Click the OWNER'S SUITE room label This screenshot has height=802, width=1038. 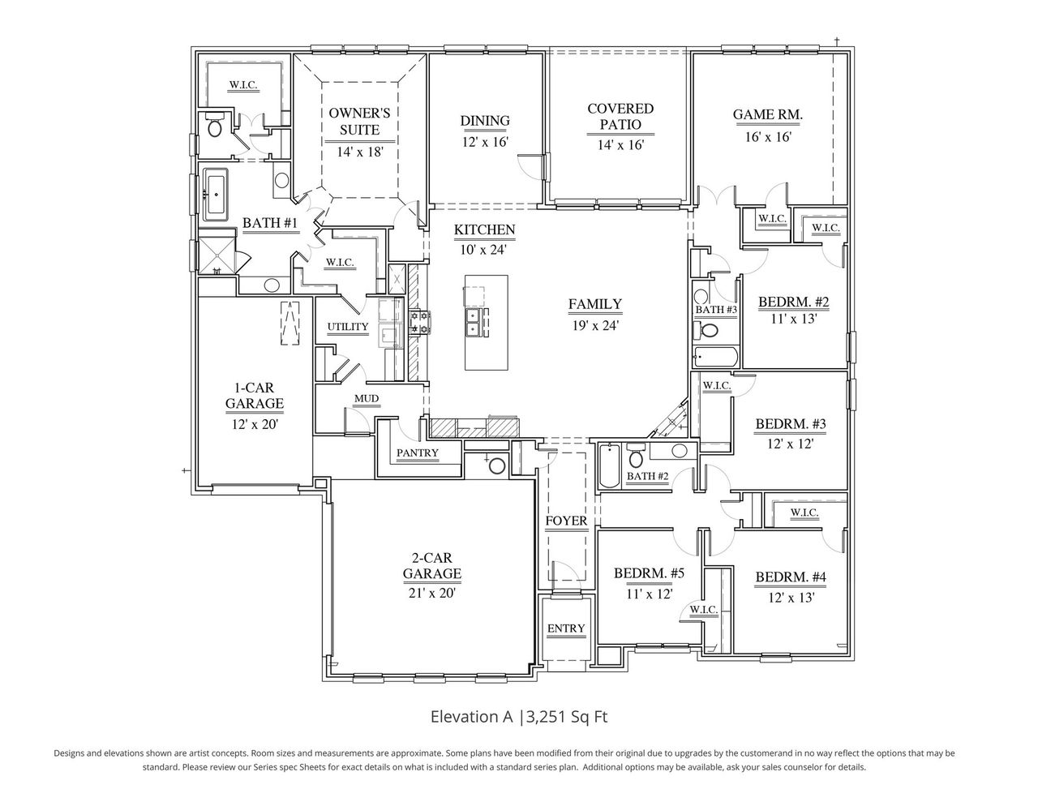(359, 121)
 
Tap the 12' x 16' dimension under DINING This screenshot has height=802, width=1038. (485, 141)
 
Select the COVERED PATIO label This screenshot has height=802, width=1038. (620, 116)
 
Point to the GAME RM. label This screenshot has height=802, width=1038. (767, 115)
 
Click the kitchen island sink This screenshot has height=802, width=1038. (477, 322)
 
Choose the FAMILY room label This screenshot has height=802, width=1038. (594, 304)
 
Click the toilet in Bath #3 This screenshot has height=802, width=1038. (709, 331)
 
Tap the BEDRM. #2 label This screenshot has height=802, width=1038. (793, 302)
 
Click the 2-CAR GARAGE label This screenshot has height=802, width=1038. (432, 565)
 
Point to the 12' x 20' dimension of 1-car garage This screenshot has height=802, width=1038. (254, 423)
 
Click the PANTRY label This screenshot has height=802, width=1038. (418, 452)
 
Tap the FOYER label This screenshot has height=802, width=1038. (566, 521)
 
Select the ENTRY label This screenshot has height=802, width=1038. (566, 628)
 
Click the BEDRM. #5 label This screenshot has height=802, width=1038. (649, 573)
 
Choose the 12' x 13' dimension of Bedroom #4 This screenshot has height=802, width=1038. (791, 597)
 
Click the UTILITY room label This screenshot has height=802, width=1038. (348, 327)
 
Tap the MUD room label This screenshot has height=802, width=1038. (366, 398)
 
